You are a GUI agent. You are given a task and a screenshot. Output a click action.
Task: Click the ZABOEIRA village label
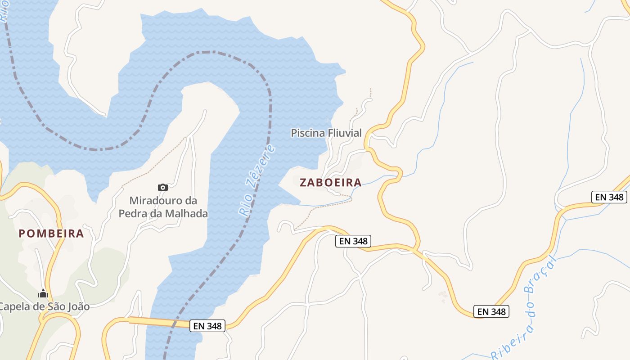(x=331, y=182)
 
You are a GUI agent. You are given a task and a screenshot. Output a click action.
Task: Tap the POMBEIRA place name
(x=51, y=234)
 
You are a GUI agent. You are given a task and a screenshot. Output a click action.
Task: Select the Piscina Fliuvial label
(x=326, y=133)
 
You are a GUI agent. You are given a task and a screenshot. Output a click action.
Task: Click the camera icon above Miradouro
(x=163, y=187)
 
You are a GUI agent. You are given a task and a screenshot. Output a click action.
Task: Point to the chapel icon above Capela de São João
(x=43, y=294)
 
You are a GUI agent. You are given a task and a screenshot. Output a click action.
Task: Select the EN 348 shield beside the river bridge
(x=207, y=326)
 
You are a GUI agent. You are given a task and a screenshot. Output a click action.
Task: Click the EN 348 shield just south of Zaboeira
(x=354, y=241)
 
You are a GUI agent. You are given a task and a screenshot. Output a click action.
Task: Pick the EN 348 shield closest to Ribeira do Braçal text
(x=491, y=311)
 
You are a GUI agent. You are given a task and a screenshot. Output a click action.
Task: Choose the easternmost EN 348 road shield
(x=609, y=197)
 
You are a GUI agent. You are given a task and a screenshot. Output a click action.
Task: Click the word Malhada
(x=189, y=213)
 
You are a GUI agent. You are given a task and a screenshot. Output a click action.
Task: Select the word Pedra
(x=134, y=213)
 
